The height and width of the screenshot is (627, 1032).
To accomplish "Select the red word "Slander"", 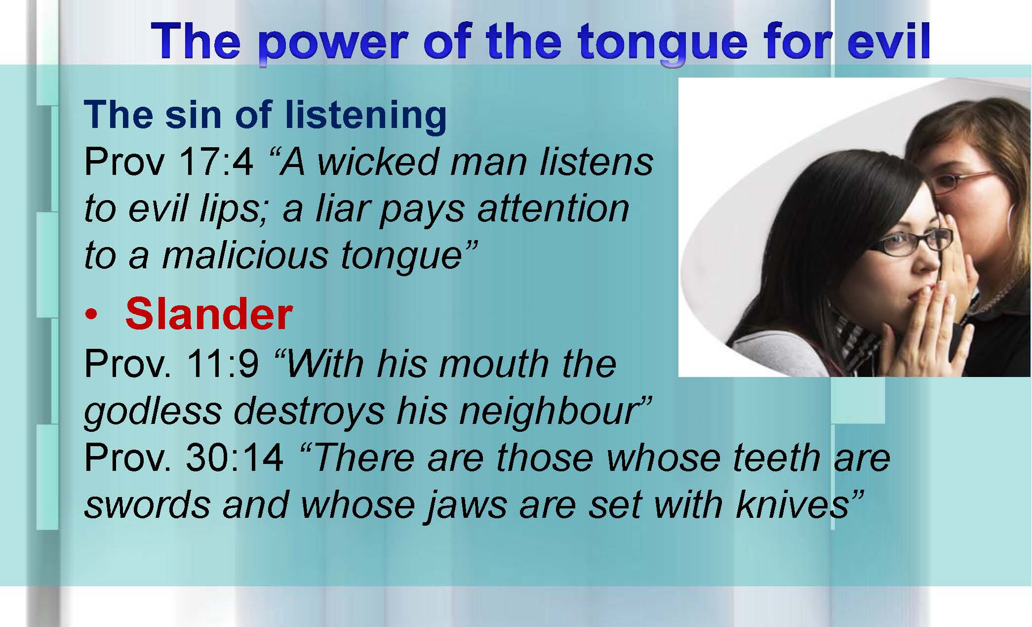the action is (x=209, y=314).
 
